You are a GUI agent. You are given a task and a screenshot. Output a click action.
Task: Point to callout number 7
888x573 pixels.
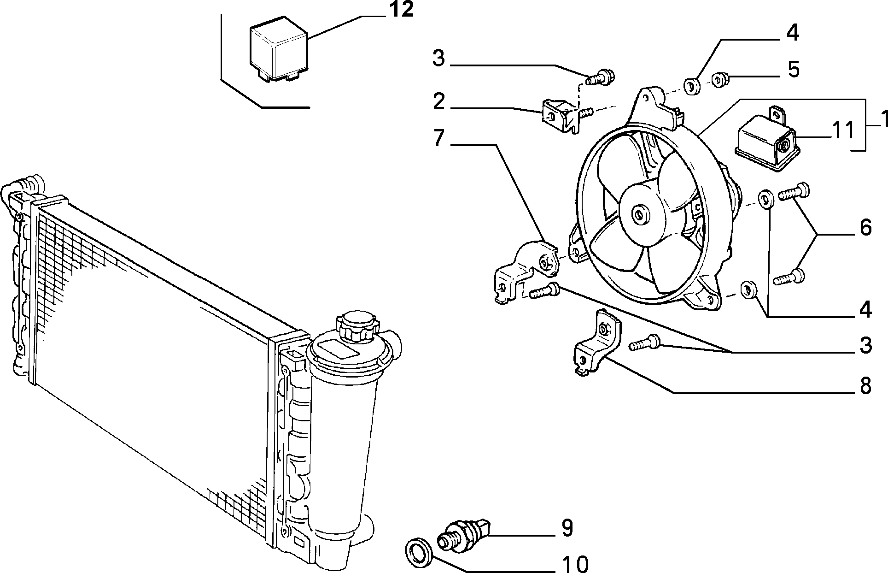coord(438,138)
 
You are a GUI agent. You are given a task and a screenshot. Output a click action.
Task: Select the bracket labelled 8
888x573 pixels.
coord(597,343)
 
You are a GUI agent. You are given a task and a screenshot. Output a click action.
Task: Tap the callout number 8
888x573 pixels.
coord(865,385)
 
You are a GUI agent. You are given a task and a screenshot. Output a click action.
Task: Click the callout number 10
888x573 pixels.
coord(574,563)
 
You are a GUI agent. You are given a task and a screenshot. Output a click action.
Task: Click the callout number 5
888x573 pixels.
coord(793,69)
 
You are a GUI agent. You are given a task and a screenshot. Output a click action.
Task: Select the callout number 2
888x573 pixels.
coord(438,102)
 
